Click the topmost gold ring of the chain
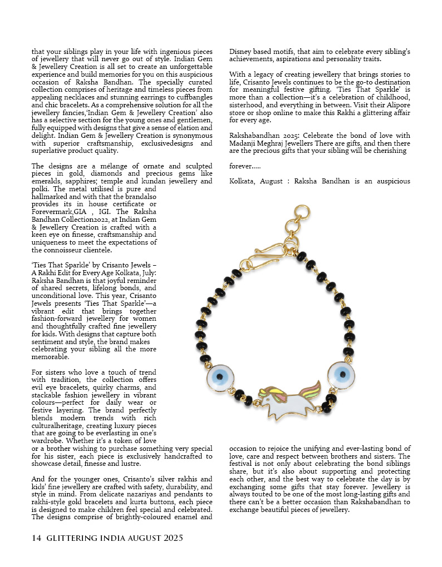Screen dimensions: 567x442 tap(302, 212)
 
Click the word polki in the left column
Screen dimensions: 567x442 tap(41, 189)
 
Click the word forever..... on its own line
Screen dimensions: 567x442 tap(244, 166)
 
